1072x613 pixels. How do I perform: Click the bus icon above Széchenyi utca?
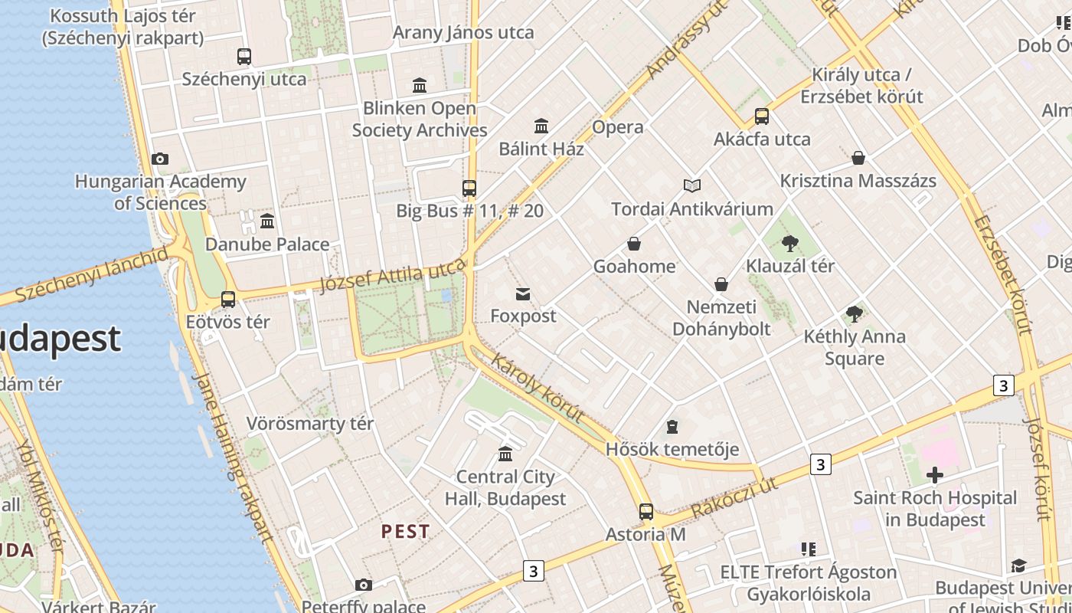click(244, 56)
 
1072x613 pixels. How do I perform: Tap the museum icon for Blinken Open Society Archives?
click(420, 85)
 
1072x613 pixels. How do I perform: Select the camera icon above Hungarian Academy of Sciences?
click(160, 159)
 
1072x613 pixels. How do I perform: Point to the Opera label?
click(618, 127)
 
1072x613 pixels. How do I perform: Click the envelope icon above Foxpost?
click(523, 293)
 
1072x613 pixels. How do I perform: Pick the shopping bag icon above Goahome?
click(634, 244)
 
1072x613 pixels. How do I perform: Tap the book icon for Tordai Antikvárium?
click(692, 185)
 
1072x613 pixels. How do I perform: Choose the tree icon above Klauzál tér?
click(790, 244)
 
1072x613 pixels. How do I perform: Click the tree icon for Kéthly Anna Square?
click(855, 314)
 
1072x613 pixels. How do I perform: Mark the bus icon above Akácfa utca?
click(762, 116)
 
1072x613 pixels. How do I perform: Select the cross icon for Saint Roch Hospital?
click(935, 476)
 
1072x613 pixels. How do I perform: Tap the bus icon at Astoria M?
click(646, 512)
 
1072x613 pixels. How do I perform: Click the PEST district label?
click(406, 531)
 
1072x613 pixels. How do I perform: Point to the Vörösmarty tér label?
click(310, 424)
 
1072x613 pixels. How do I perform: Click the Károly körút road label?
click(538, 387)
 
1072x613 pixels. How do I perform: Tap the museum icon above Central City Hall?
click(505, 454)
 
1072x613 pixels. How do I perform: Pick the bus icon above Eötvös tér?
click(228, 300)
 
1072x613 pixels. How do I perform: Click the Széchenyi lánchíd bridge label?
click(91, 274)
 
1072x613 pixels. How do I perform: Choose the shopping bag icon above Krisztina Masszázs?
click(858, 159)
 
